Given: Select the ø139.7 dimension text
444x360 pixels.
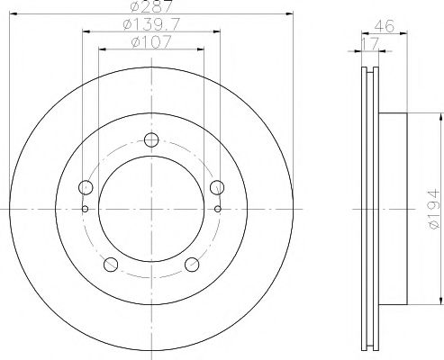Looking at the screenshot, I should (x=150, y=25).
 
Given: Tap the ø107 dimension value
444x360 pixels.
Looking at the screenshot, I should (x=150, y=42).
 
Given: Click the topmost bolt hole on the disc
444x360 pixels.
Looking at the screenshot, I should (x=150, y=139).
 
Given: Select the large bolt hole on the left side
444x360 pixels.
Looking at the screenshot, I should (x=86, y=187).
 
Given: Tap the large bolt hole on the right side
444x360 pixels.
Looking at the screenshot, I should (x=215, y=187).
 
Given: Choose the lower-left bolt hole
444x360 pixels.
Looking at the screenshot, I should (x=111, y=263).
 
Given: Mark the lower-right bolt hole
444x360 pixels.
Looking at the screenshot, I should (x=191, y=263).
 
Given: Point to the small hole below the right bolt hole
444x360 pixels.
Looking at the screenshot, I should (x=217, y=208).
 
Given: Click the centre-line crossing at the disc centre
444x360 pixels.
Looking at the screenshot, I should (x=150, y=208).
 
